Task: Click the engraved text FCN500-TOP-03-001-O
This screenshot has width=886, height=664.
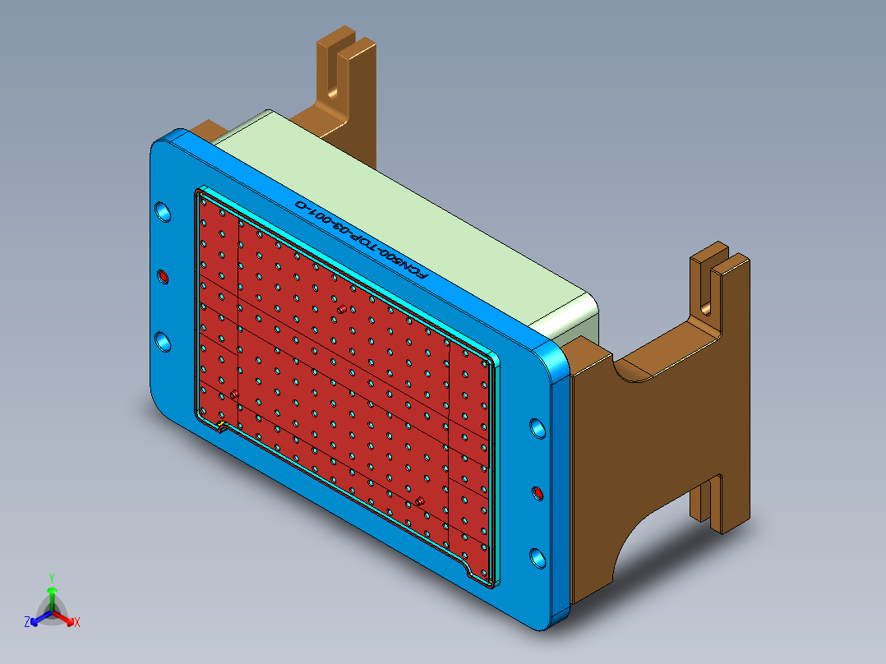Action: pyautogui.click(x=362, y=239)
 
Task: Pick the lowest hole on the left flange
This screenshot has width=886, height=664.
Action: pyautogui.click(x=164, y=341)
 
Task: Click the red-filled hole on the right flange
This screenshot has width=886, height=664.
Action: pyautogui.click(x=538, y=493)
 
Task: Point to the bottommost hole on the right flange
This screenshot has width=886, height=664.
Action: pyautogui.click(x=538, y=558)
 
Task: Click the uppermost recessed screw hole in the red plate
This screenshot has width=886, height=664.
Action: pyautogui.click(x=340, y=309)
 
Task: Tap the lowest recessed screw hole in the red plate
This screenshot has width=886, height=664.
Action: pyautogui.click(x=419, y=500)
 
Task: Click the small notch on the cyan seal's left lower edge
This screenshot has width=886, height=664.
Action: pyautogui.click(x=223, y=427)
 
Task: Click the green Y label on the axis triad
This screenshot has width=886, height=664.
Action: pyautogui.click(x=51, y=577)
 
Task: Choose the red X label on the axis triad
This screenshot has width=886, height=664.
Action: pyautogui.click(x=76, y=622)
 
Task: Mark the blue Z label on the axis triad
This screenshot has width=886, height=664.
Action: pyautogui.click(x=27, y=622)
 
